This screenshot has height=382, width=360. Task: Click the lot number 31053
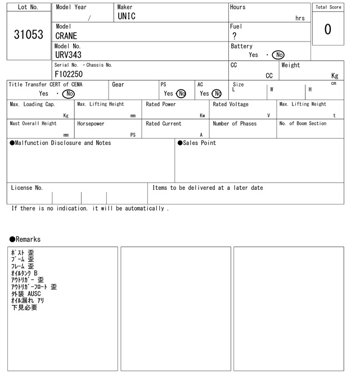pos(28,35)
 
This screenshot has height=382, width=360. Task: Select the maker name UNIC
pos(127,17)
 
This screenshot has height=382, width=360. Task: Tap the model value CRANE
pos(66,36)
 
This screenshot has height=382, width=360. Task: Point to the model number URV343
pos(68,55)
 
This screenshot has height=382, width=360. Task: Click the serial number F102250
pos(69,74)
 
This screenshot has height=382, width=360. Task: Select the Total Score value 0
pos(327,29)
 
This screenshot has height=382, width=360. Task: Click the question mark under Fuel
pos(234,36)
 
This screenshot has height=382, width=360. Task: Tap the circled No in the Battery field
pos(278,55)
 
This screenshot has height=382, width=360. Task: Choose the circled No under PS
pos(181,94)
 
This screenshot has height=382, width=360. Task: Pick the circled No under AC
pos(217,94)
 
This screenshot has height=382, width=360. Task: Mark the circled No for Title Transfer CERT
pos(68,94)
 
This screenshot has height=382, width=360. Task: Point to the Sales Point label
pos(197,143)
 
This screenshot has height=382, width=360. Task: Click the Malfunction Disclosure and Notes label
pos(60,143)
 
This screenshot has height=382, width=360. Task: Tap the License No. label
pos(27,188)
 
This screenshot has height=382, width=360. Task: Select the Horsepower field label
pos(91,124)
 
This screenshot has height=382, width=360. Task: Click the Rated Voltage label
pos(231,104)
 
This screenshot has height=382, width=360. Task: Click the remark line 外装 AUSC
pos(26,294)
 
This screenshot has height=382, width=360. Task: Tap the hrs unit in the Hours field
pos(300,19)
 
